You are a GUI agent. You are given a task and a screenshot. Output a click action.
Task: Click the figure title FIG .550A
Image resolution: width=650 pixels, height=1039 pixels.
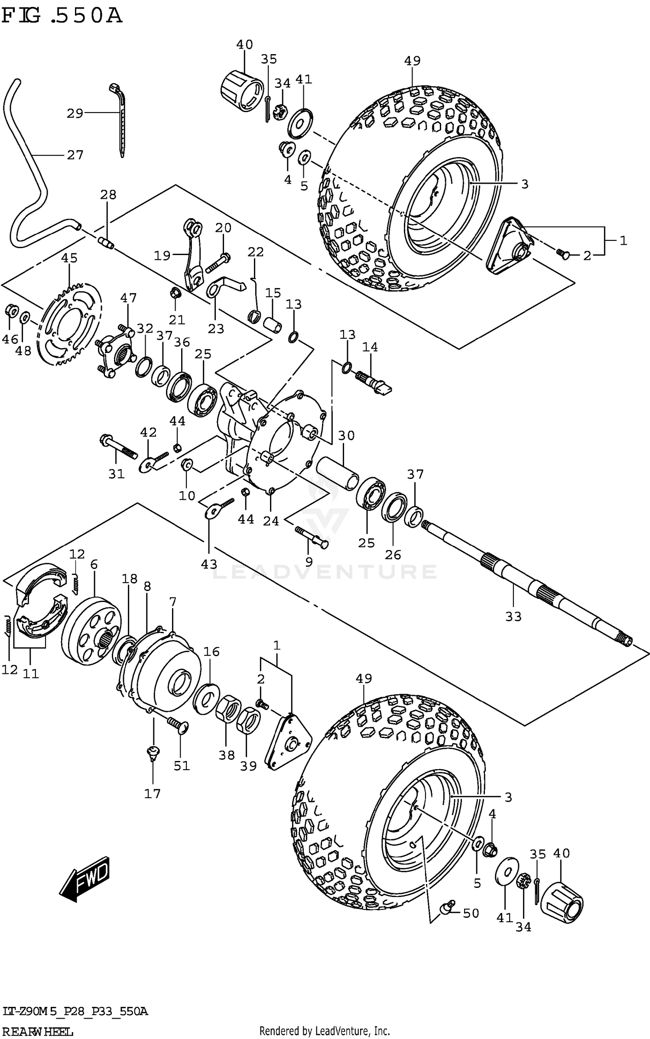click(61, 16)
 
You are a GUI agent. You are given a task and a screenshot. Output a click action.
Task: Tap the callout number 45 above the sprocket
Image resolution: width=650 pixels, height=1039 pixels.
click(69, 258)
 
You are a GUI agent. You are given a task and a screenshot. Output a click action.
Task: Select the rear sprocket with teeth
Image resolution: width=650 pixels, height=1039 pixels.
click(69, 328)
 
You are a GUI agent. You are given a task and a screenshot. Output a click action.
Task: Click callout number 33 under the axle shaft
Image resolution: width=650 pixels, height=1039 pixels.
click(513, 616)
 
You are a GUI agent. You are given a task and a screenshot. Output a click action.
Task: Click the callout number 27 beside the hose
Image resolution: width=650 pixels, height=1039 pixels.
click(75, 155)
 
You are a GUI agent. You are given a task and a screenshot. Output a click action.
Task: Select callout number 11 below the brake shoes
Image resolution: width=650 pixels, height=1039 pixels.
click(31, 674)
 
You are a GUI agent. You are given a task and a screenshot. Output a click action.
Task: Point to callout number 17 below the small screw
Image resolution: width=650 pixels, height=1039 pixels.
click(152, 793)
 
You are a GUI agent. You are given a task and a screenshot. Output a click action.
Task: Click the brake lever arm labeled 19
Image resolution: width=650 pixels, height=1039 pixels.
click(191, 256)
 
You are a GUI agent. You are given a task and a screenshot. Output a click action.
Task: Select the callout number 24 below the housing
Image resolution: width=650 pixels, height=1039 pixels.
click(271, 521)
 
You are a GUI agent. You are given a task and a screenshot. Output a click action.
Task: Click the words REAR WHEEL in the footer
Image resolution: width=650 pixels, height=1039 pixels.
click(37, 1032)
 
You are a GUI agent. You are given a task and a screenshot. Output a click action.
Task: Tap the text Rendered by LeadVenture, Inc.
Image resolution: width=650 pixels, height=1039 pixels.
click(325, 1033)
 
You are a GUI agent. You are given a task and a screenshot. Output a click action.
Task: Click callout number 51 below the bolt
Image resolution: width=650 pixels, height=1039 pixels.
click(182, 766)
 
